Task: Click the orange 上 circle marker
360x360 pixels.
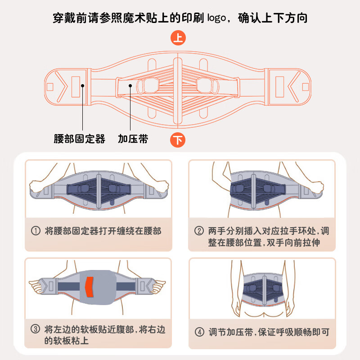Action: tap(179, 38)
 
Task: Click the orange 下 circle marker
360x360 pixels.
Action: tap(179, 140)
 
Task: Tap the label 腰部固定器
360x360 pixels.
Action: tap(80, 139)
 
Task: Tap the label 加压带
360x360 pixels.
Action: tap(133, 139)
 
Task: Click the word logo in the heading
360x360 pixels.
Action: tap(218, 18)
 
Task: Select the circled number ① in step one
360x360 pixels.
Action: tap(36, 231)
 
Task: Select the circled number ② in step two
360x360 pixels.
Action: tap(199, 231)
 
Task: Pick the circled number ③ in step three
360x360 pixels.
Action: tap(36, 329)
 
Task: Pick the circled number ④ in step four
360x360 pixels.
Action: tap(199, 333)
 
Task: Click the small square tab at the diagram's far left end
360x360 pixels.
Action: tap(50, 86)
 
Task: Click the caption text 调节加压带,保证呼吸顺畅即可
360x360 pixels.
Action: tap(269, 333)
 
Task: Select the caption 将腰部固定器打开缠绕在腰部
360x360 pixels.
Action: tap(103, 231)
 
